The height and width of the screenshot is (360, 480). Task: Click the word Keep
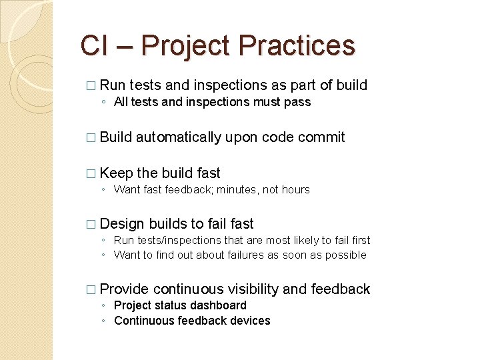coord(116,173)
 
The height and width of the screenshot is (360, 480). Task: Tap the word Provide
coord(124,289)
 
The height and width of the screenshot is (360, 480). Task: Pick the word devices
coord(250,321)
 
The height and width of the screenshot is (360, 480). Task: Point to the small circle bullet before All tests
coord(103,103)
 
